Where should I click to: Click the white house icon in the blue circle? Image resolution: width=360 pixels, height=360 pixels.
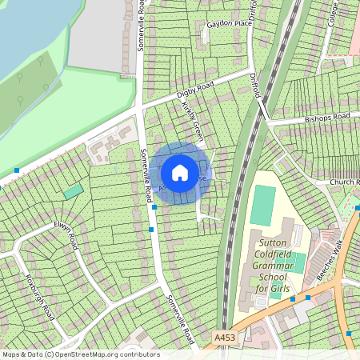[180, 172]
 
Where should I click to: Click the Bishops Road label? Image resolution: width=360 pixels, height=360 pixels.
[327, 119]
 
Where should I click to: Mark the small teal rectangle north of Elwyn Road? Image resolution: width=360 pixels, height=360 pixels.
[73, 191]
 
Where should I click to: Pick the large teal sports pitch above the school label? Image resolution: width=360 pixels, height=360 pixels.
[262, 206]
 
